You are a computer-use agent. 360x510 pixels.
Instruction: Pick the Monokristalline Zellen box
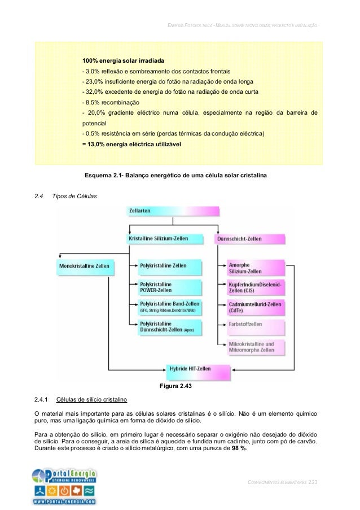(x=85, y=265)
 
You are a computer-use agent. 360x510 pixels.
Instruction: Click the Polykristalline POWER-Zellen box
(x=169, y=286)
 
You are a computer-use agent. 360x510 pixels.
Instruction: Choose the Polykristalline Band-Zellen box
(x=169, y=307)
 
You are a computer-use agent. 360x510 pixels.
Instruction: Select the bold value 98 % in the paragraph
(x=239, y=456)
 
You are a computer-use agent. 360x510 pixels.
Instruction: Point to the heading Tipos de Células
(x=74, y=196)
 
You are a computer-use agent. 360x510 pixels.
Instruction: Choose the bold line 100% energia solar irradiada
(x=124, y=60)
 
